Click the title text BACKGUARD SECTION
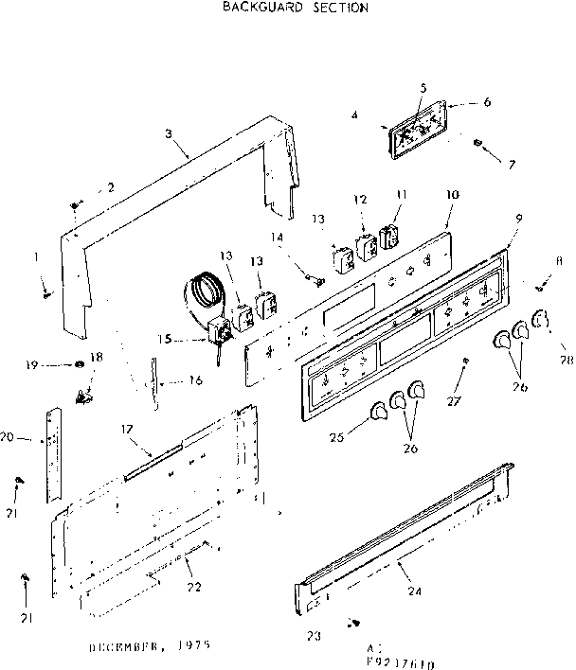pyautogui.click(x=295, y=8)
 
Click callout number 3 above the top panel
pyautogui.click(x=169, y=133)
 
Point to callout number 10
pyautogui.click(x=452, y=195)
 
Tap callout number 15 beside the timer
pyautogui.click(x=166, y=338)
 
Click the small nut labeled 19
pyautogui.click(x=78, y=364)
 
